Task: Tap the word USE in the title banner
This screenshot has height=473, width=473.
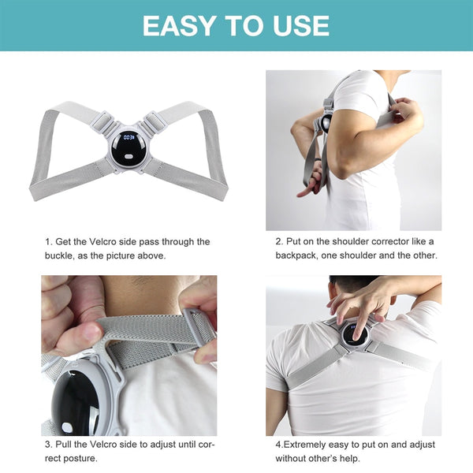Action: (x=300, y=25)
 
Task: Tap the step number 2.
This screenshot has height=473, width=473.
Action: (x=278, y=241)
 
